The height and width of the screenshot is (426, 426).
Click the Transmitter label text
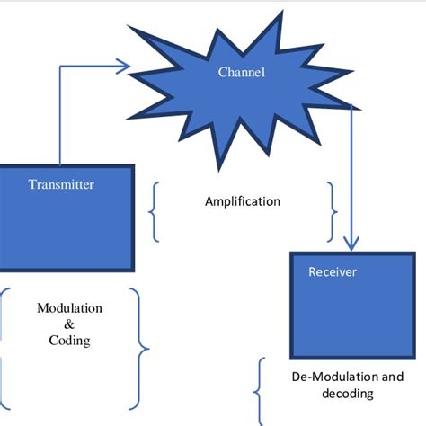pos(61,185)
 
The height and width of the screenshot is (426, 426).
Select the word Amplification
pos(243,201)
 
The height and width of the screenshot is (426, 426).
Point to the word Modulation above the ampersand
pos(69,308)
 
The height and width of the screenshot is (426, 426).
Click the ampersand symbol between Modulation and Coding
pos(69,324)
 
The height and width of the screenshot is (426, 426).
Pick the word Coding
pos(69,341)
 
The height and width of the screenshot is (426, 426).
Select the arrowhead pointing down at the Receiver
pos(351,243)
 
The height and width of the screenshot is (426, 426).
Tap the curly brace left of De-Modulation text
pos(262,392)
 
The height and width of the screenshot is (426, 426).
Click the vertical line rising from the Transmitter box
pos(60,117)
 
